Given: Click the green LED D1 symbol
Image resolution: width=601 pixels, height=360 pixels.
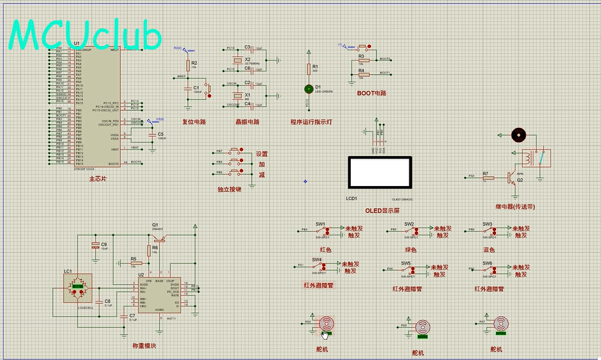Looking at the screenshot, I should [309, 88].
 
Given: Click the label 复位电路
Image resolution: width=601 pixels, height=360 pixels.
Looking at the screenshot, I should [194, 121].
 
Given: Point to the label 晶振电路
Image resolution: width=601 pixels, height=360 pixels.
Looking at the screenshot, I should [247, 121].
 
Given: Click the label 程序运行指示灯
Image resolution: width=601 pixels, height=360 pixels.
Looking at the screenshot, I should [311, 121].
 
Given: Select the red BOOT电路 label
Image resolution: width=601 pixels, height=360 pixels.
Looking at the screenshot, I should [372, 93].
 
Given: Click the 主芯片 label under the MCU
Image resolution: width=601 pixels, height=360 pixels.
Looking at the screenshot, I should [98, 179].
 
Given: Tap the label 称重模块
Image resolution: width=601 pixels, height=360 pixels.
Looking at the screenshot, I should [144, 346].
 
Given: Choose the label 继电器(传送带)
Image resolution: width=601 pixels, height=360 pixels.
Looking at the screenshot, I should [516, 206].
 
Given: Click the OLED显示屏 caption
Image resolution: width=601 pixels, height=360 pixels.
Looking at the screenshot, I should [382, 210].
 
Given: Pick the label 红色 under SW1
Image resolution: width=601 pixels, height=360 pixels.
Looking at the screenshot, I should [325, 250].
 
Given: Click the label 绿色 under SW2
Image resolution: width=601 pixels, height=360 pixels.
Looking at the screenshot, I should [411, 250].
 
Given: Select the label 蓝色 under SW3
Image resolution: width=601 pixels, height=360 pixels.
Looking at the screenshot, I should [489, 250].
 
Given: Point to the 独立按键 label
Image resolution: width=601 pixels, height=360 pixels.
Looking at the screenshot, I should [229, 190].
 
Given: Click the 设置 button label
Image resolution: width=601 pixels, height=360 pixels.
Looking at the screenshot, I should [262, 154].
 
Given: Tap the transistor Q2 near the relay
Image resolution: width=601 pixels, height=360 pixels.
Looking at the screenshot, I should [511, 178].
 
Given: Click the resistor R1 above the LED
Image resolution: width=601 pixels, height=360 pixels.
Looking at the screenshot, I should [309, 68].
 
